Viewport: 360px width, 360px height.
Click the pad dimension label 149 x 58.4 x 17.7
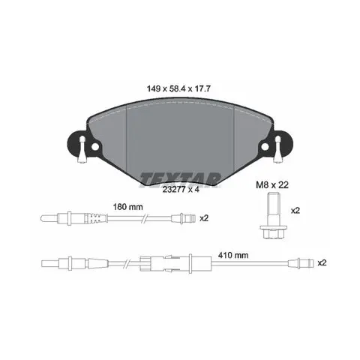tap(178, 88)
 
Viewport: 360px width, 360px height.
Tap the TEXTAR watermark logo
tap(181, 179)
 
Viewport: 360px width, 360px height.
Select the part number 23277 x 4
tap(181, 190)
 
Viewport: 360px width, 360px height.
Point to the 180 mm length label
tap(128, 207)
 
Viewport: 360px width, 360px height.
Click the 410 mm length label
tap(233, 255)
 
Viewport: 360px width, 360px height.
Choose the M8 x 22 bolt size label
tap(272, 185)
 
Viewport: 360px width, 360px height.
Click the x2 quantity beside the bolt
tap(295, 211)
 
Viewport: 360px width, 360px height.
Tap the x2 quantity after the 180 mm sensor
tap(204, 218)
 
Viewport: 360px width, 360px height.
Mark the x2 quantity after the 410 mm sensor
tap(322, 263)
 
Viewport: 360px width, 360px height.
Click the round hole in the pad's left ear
tap(94, 147)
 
